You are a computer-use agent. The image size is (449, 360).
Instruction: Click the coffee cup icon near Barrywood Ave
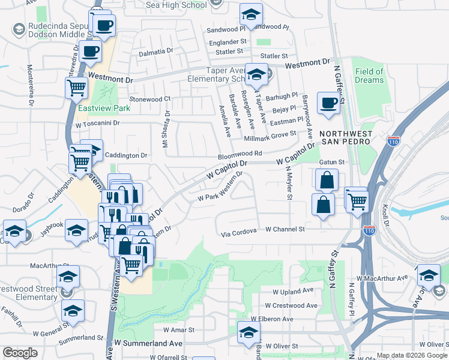point(328,103)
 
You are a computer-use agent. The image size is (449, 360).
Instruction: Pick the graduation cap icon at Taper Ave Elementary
point(256,75)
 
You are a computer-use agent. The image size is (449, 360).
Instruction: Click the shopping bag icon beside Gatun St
point(326,179)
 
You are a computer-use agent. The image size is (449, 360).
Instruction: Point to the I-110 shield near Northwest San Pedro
point(393,142)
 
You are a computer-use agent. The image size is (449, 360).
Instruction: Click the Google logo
point(20,353)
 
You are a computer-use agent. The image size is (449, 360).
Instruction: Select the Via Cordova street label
point(238,230)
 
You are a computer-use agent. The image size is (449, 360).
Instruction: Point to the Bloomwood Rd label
point(240,154)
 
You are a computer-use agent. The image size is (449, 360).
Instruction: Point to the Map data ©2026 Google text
point(412,356)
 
